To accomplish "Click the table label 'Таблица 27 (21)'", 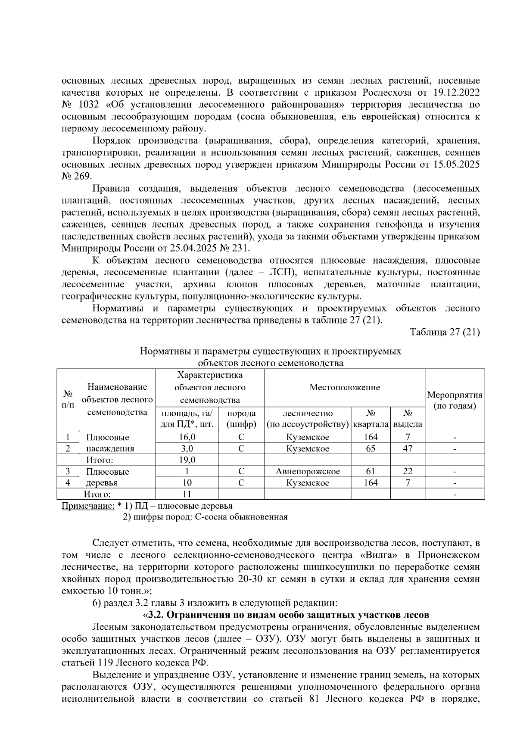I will pyautogui.click(x=445, y=332).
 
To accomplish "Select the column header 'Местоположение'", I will pyautogui.click(x=344, y=387).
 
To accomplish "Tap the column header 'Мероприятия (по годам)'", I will pyautogui.click(x=454, y=401).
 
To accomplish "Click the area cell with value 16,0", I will pyautogui.click(x=187, y=437).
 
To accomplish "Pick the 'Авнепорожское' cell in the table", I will pyautogui.click(x=307, y=471).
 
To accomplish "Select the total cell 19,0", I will pyautogui.click(x=187, y=460).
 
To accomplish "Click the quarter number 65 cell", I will pyautogui.click(x=371, y=448).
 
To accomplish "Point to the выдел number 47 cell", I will pyautogui.click(x=407, y=448).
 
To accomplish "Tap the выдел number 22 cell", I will pyautogui.click(x=407, y=471).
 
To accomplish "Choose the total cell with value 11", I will pyautogui.click(x=187, y=494).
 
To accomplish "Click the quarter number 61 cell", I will pyautogui.click(x=371, y=471).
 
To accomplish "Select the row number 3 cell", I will pyautogui.click(x=68, y=471).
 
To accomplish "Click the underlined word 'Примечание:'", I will pyautogui.click(x=88, y=506).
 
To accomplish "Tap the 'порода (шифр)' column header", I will pyautogui.click(x=241, y=419).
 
